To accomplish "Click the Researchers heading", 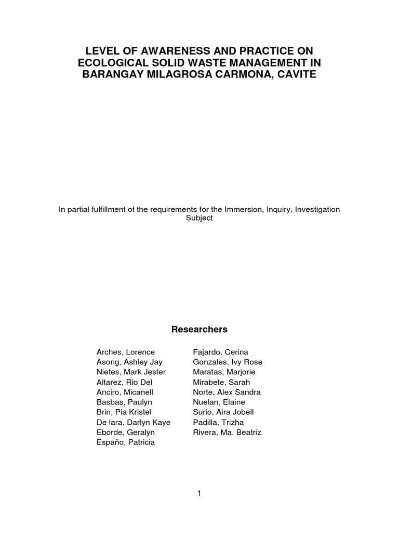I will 199,329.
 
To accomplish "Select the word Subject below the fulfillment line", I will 199,218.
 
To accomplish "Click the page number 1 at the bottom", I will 199,493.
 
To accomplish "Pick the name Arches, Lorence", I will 125,352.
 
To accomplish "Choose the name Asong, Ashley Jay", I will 128,362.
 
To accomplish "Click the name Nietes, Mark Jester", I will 131,372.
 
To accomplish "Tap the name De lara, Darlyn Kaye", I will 134,422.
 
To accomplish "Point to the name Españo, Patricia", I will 125,442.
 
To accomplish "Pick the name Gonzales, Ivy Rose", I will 228,362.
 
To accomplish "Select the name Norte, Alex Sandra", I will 227,392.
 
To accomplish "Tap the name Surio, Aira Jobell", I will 223,412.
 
